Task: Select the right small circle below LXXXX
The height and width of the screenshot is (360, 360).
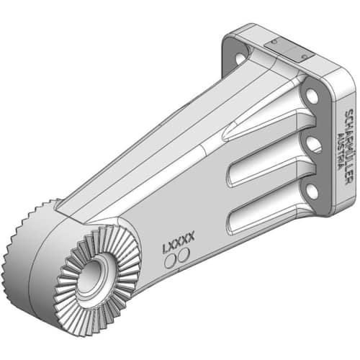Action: (x=184, y=256)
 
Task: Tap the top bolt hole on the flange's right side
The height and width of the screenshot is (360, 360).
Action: (x=311, y=96)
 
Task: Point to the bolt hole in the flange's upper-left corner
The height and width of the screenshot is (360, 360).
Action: (x=238, y=51)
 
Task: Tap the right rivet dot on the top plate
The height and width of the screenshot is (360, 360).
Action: (x=306, y=57)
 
